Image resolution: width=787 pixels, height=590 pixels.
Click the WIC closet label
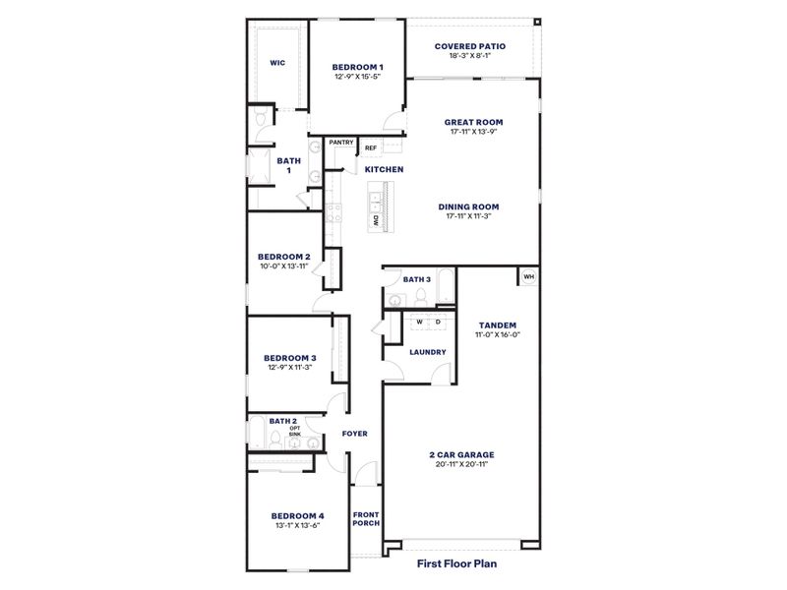(x=277, y=63)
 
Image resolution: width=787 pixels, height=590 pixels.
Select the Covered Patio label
(x=470, y=45)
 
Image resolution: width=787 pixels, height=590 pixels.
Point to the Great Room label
(x=470, y=123)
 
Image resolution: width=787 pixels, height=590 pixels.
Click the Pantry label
(x=341, y=142)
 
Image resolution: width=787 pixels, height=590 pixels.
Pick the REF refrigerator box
(x=371, y=148)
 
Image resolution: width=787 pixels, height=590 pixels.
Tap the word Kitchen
(x=384, y=170)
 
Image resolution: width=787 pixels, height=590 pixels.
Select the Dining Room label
(x=470, y=206)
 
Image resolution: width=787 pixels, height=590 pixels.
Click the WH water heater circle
(x=528, y=276)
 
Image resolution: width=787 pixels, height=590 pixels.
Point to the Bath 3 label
(x=417, y=279)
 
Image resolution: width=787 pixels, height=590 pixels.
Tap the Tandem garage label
(x=497, y=324)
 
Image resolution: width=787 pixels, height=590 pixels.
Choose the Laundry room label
(x=427, y=352)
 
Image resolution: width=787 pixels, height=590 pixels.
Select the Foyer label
(x=355, y=434)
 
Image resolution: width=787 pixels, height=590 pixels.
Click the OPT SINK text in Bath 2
(x=295, y=431)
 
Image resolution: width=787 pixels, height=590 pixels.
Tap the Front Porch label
(x=366, y=519)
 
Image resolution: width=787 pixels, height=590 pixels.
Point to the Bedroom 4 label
(x=296, y=515)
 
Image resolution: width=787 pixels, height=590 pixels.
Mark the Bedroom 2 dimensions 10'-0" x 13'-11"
(x=284, y=265)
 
